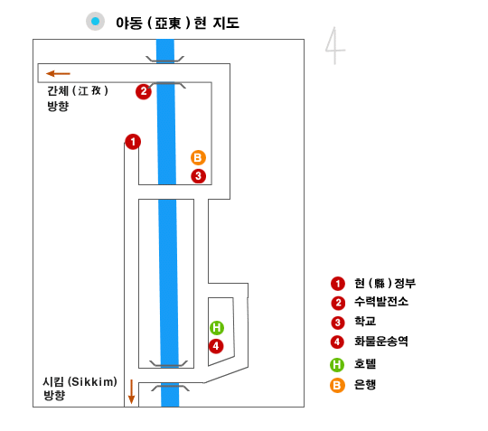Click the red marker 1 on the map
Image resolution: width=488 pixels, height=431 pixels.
pyautogui.click(x=133, y=142)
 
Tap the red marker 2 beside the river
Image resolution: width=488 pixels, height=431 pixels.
pyautogui.click(x=144, y=91)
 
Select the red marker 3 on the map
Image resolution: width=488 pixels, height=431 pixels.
pyautogui.click(x=198, y=176)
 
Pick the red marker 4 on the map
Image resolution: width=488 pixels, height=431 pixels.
pyautogui.click(x=216, y=346)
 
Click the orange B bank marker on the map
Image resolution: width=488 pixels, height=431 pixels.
pyautogui.click(x=198, y=158)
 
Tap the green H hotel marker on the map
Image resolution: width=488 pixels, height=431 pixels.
pyautogui.click(x=217, y=328)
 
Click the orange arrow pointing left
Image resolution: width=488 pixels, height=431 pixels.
pyautogui.click(x=58, y=73)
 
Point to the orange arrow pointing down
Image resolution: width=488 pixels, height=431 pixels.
pyautogui.click(x=131, y=391)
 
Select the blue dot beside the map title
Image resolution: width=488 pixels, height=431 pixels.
pyautogui.click(x=95, y=21)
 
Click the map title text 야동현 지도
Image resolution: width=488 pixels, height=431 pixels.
pyautogui.click(x=177, y=23)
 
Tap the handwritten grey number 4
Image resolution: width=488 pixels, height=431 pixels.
pyautogui.click(x=335, y=45)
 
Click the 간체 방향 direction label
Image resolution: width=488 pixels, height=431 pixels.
pyautogui.click(x=78, y=98)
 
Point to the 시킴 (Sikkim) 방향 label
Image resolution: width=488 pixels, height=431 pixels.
pyautogui.click(x=80, y=389)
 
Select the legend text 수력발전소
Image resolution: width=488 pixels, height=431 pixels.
pyautogui.click(x=381, y=302)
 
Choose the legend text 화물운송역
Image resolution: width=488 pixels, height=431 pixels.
pyautogui.click(x=381, y=342)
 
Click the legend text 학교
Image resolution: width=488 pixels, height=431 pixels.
pyautogui.click(x=365, y=321)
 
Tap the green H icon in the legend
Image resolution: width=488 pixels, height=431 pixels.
pyautogui.click(x=337, y=365)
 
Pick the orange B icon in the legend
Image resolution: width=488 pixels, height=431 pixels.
pyautogui.click(x=337, y=385)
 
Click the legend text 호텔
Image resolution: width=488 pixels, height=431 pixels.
pyautogui.click(x=365, y=364)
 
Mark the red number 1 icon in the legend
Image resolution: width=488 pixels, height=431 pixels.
pyautogui.click(x=338, y=284)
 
